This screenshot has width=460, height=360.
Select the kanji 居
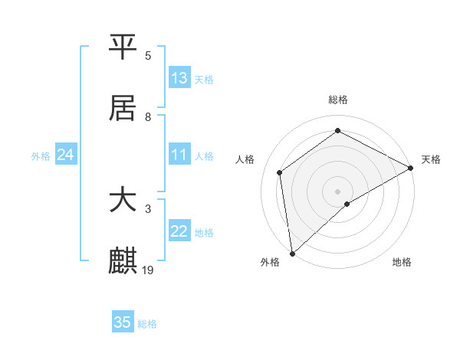tap(123, 109)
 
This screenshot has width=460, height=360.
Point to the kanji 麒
tap(123, 261)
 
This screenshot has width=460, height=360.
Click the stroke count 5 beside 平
tap(148, 56)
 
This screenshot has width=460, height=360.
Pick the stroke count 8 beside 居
tap(148, 117)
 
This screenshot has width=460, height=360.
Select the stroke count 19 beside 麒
tap(149, 270)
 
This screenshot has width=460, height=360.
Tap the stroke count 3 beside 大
tap(148, 208)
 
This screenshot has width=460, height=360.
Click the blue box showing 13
tap(179, 78)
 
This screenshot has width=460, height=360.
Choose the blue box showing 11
tap(179, 155)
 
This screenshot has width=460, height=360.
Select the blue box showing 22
tap(179, 231)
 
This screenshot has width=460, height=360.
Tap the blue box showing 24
tap(66, 155)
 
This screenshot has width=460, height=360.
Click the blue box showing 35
tap(123, 322)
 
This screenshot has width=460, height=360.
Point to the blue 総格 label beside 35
tap(147, 324)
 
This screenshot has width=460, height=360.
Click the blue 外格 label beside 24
tap(41, 156)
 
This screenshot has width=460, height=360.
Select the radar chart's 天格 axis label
tap(431, 159)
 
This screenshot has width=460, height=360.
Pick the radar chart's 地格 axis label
tap(402, 263)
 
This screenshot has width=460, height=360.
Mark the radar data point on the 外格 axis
tap(292, 254)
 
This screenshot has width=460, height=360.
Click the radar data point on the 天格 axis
tap(411, 168)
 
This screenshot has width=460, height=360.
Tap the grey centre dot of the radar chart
tap(337, 191)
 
